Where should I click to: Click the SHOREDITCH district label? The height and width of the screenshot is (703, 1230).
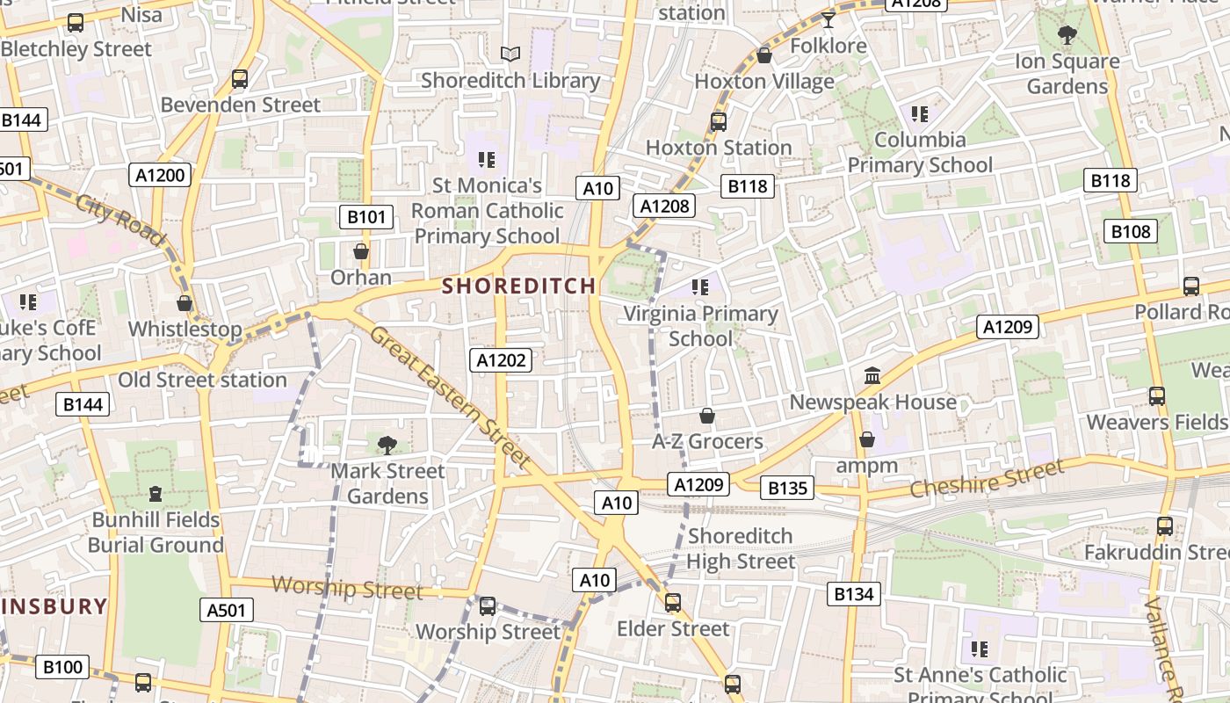pyautogui.click(x=518, y=286)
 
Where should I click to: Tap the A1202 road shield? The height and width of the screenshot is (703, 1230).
pyautogui.click(x=501, y=359)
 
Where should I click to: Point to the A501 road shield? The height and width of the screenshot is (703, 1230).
pyautogui.click(x=227, y=610)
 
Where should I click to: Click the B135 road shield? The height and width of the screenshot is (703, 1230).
pyautogui.click(x=787, y=488)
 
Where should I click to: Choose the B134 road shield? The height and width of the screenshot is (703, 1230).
pyautogui.click(x=854, y=594)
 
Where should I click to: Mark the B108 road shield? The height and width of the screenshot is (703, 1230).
pyautogui.click(x=1131, y=231)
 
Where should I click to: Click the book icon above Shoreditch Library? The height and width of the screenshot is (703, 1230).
pyautogui.click(x=510, y=54)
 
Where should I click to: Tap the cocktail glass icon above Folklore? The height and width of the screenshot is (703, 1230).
pyautogui.click(x=828, y=19)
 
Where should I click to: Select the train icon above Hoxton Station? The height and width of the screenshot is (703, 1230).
pyautogui.click(x=719, y=122)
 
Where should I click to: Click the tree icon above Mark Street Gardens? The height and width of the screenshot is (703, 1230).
pyautogui.click(x=387, y=446)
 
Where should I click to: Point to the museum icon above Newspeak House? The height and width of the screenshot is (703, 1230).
pyautogui.click(x=872, y=376)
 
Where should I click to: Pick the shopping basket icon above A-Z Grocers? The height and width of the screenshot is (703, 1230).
pyautogui.click(x=707, y=416)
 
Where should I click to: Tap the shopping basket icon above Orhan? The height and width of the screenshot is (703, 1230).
pyautogui.click(x=360, y=252)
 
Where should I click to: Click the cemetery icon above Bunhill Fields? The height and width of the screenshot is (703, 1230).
pyautogui.click(x=156, y=494)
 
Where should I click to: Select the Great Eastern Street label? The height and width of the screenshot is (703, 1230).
pyautogui.click(x=450, y=396)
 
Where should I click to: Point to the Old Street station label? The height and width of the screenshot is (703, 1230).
pyautogui.click(x=202, y=380)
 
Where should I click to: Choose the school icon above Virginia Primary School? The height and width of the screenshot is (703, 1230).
pyautogui.click(x=699, y=287)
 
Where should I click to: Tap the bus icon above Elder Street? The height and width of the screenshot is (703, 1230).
pyautogui.click(x=672, y=603)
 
